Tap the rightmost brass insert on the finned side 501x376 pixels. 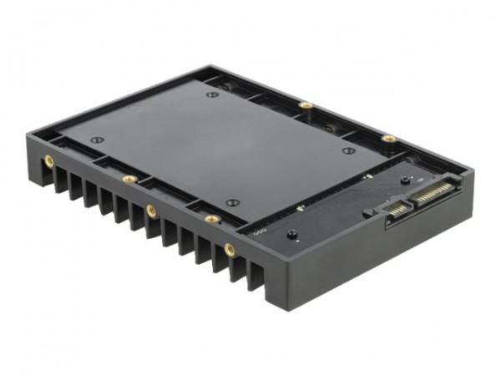point(230,248)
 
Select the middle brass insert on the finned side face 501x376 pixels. point(151,211)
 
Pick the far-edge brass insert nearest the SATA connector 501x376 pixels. point(388,138)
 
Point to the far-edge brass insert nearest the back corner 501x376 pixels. point(306,105)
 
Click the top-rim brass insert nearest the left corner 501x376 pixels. point(128,178)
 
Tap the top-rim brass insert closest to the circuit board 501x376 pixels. point(212,219)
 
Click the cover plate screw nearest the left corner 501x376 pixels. point(97,139)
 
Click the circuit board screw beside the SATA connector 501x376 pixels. point(405,180)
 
